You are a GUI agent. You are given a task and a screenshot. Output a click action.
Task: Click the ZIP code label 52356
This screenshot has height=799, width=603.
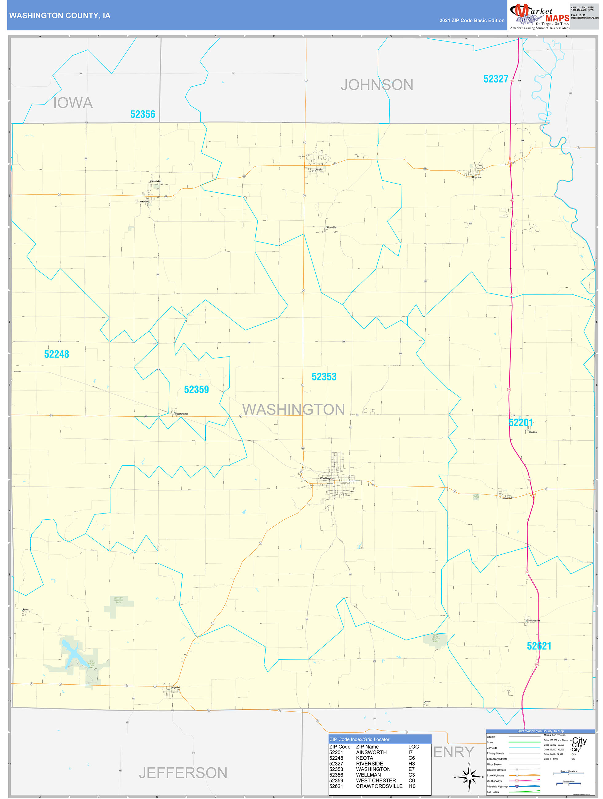tap(142, 115)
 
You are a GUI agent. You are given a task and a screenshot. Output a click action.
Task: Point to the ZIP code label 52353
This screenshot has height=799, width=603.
tap(324, 377)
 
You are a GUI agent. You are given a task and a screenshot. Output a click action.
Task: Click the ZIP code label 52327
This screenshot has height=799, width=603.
tap(496, 79)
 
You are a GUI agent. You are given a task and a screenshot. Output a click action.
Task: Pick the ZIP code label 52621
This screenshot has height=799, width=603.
tap(539, 646)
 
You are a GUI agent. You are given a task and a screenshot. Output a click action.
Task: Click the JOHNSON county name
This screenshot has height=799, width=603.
tap(376, 85)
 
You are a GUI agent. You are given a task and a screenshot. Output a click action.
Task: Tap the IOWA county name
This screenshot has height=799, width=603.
tap(73, 103)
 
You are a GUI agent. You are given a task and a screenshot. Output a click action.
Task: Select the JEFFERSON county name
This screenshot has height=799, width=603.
tap(183, 773)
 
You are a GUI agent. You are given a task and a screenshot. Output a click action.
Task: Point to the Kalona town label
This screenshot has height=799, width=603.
tap(319, 169)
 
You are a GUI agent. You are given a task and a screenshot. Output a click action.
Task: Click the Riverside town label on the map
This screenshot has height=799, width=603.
tap(477, 177)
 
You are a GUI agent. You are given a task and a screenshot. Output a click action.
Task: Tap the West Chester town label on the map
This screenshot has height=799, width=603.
tap(181, 414)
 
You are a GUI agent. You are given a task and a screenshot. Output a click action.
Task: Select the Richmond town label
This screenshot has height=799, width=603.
tap(331, 228)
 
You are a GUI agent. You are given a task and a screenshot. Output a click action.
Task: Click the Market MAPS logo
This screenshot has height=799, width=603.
tap(539, 16)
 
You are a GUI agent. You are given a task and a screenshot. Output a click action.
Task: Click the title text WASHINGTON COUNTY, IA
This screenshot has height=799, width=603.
tap(60, 16)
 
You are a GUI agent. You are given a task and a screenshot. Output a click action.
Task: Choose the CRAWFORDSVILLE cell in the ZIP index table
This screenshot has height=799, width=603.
tap(379, 786)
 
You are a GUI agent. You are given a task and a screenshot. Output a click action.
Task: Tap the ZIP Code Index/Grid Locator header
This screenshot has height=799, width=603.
tap(359, 739)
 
